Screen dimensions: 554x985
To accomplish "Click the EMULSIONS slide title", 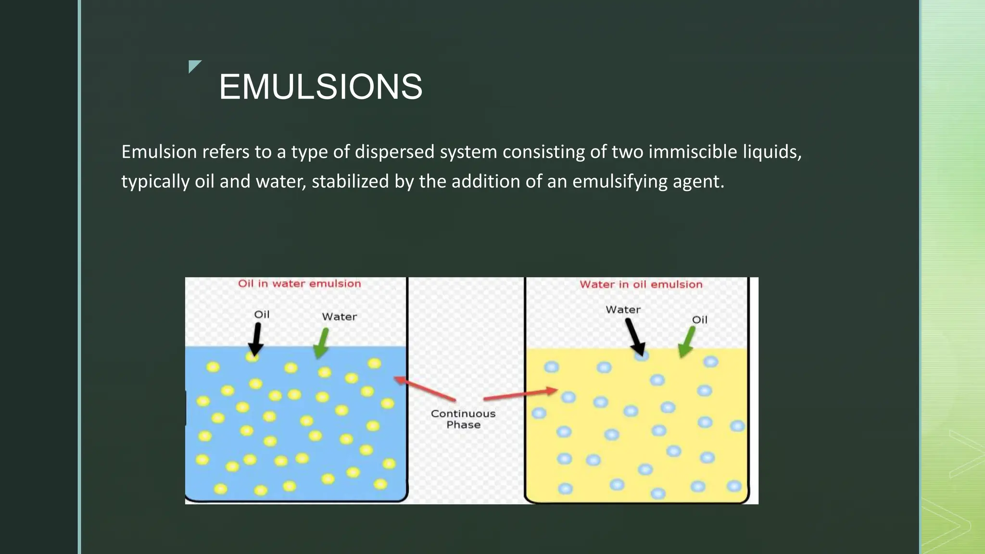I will pyautogui.click(x=320, y=87).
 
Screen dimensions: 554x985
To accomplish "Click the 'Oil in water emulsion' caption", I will pyautogui.click(x=299, y=284).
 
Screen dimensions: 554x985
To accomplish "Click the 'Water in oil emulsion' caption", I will pyautogui.click(x=641, y=285).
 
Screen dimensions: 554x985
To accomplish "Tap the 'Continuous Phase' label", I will pyautogui.click(x=463, y=419).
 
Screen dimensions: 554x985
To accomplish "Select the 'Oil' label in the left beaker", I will pyautogui.click(x=262, y=315).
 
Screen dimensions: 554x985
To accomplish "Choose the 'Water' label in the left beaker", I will pyautogui.click(x=339, y=317).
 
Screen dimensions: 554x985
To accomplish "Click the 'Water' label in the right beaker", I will pyautogui.click(x=623, y=310).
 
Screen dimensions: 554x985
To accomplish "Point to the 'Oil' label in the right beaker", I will pyautogui.click(x=699, y=320).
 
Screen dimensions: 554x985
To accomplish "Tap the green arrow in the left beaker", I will pyautogui.click(x=321, y=343).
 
